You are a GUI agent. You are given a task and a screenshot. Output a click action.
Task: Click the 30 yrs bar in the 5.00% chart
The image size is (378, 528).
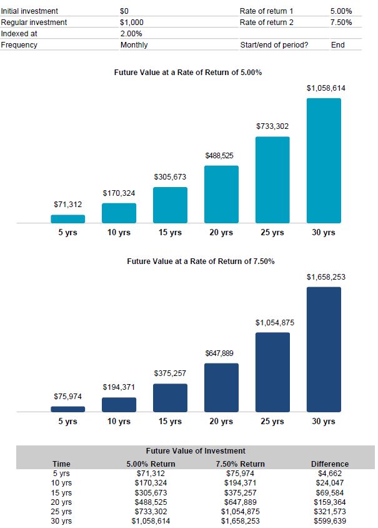tap(324, 160)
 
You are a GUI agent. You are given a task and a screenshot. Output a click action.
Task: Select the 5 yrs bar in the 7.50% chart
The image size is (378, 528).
tap(67, 409)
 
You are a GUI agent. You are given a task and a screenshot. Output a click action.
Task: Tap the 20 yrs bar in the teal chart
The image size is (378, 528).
tap(221, 194)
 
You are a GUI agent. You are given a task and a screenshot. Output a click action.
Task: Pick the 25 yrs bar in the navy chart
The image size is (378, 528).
tap(272, 372)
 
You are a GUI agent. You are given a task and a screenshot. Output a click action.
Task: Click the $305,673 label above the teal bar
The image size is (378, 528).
tap(170, 177)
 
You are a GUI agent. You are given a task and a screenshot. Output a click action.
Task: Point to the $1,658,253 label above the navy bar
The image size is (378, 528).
tap(326, 277)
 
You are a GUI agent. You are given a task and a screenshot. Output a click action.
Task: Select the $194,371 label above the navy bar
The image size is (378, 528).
tap(119, 388)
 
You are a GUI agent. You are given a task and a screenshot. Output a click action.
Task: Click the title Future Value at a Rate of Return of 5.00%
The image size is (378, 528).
tap(187, 73)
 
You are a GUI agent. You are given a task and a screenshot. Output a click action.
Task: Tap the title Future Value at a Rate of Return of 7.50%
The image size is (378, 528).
tap(201, 261)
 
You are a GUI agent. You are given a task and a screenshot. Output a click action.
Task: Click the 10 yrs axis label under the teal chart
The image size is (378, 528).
tap(119, 233)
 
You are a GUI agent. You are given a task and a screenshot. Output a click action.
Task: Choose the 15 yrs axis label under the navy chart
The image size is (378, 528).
tap(170, 422)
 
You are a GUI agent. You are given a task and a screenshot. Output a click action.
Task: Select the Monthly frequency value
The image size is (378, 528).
tap(134, 45)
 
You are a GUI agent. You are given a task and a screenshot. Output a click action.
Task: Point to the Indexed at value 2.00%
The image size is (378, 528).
tap(131, 34)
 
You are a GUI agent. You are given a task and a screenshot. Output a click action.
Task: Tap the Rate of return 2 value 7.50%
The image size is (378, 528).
tap(341, 23)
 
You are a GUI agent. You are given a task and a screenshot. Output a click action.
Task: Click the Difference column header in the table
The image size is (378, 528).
tap(330, 464)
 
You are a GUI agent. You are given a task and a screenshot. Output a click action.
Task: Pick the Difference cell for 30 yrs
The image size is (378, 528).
tap(330, 521)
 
